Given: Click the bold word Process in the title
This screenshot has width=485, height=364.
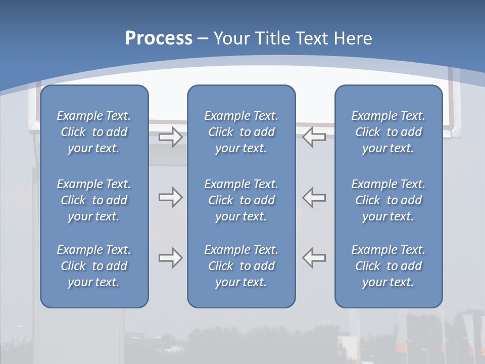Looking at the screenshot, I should click(159, 38).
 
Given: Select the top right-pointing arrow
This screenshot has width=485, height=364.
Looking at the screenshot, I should click(170, 137).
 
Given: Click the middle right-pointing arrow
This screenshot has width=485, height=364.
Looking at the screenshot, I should click(170, 197).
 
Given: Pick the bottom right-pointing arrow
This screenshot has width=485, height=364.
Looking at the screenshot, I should click(170, 258).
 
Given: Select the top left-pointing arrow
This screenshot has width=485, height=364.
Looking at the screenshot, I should click(314, 137).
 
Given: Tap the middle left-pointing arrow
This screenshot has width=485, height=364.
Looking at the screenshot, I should click(314, 197).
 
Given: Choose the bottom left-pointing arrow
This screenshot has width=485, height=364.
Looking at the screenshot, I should click(314, 258).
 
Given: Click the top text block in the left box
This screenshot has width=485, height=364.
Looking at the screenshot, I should click(94, 132).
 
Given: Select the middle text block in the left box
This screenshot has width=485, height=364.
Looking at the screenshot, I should click(94, 200).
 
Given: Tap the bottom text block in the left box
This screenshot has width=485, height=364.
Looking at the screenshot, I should click(94, 266).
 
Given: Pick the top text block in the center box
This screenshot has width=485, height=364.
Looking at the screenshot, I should click(241, 132).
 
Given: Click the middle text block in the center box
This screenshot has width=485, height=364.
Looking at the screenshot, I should click(241, 200).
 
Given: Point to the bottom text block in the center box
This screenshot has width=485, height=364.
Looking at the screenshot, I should click(241, 266).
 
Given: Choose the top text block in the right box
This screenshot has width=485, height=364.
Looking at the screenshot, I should click(388, 132).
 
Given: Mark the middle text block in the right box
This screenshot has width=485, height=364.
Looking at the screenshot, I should click(388, 200).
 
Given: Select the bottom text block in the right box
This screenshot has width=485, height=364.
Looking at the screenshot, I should click(388, 266).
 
